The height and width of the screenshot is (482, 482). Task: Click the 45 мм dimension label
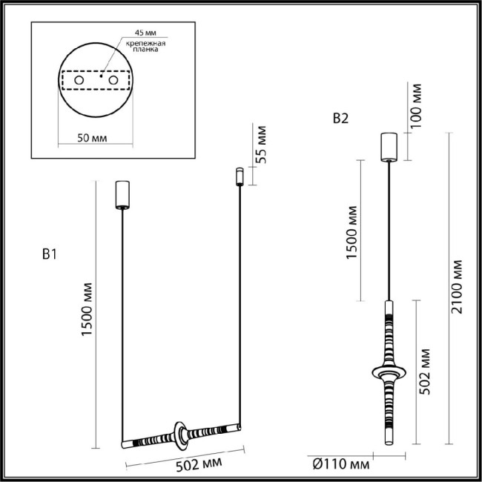pos(145,34)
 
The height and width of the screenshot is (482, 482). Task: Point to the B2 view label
pos(340,118)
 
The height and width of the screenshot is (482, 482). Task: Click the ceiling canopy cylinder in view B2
pos(389,146)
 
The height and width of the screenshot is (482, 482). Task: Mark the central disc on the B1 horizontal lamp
pos(181,435)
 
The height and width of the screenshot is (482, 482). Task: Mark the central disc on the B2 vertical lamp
pos(389,369)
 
